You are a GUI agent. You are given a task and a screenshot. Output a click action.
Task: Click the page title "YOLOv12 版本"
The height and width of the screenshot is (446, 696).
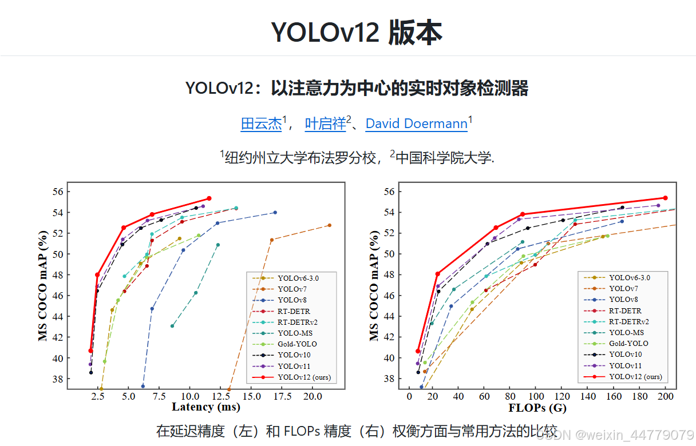pyautogui.click(x=356, y=33)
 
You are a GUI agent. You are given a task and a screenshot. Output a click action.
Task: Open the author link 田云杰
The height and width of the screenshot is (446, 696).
pyautogui.click(x=262, y=124)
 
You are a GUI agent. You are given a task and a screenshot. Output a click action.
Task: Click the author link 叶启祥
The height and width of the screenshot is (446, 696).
pyautogui.click(x=325, y=124)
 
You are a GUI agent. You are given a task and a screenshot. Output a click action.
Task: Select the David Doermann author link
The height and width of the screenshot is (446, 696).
pyautogui.click(x=416, y=124)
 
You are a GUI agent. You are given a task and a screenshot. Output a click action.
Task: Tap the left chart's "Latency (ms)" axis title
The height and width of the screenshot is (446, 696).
pyautogui.click(x=206, y=407)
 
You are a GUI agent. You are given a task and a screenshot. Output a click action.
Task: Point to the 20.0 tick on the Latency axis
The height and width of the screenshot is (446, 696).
pyautogui.click(x=312, y=396)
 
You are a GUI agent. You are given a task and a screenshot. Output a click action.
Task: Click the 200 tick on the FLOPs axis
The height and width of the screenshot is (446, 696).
pyautogui.click(x=666, y=396)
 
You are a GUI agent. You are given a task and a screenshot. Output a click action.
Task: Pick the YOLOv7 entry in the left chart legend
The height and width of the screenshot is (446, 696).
pyautogui.click(x=291, y=289)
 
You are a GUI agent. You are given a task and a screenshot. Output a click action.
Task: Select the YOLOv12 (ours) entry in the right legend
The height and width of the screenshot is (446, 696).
pyautogui.click(x=635, y=376)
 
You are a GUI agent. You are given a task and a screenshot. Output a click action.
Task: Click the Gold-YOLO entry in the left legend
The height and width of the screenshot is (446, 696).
pyautogui.click(x=297, y=344)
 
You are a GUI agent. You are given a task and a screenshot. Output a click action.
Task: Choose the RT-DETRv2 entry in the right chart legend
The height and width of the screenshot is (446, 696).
pyautogui.click(x=629, y=322)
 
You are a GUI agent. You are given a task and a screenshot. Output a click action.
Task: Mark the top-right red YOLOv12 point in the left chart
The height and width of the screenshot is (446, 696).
pyautogui.click(x=209, y=198)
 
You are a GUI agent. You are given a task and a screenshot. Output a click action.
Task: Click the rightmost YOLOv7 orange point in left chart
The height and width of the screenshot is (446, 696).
pyautogui.click(x=329, y=225)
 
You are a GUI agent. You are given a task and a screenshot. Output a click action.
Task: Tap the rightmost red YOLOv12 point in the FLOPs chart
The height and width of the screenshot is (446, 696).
pyautogui.click(x=665, y=198)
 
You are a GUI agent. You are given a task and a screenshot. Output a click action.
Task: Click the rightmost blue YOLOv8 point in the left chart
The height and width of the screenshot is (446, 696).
pyautogui.click(x=275, y=213)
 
